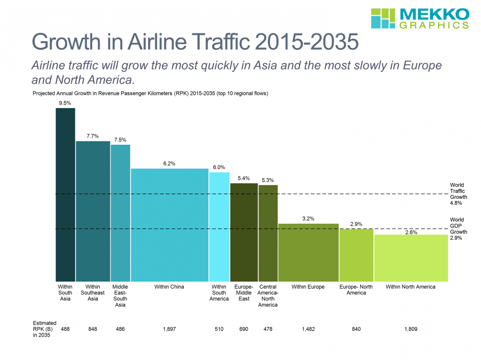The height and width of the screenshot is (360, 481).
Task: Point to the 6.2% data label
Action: (169, 164)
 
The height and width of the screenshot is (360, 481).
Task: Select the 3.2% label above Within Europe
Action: (308, 219)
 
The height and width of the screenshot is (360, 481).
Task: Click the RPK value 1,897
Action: (169, 329)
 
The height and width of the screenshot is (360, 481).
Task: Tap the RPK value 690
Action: (244, 329)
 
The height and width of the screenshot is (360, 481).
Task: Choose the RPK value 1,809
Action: (410, 329)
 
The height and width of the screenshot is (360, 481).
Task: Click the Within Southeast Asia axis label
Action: (93, 293)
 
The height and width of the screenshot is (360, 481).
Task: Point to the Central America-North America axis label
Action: (268, 296)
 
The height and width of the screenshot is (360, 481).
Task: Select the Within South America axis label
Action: (219, 293)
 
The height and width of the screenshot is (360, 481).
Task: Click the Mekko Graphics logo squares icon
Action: (383, 18)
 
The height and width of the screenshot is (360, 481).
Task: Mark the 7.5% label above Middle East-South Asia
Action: (120, 140)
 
